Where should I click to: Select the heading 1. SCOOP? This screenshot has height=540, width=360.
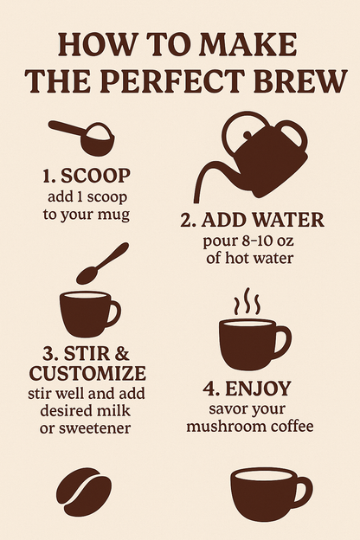(x=87, y=176)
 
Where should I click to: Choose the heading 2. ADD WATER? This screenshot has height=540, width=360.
(x=252, y=220)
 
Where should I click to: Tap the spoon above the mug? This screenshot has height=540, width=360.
(x=101, y=263)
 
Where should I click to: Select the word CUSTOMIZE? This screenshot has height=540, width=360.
(x=87, y=373)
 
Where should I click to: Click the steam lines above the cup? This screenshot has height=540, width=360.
(x=247, y=302)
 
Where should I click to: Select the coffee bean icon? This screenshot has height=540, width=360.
(x=83, y=492)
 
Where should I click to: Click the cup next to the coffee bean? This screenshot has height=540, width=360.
(x=268, y=494)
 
